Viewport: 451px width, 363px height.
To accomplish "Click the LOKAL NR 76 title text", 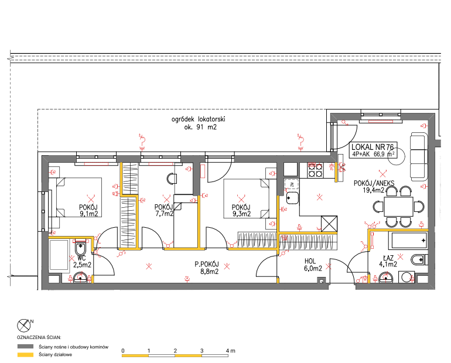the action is [373, 147].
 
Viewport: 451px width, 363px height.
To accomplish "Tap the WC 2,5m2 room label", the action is [82, 262].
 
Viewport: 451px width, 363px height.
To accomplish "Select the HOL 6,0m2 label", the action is [313, 265].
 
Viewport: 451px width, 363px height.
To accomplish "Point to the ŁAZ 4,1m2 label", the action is [388, 261].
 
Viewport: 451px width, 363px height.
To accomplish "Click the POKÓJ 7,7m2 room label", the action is [164, 210].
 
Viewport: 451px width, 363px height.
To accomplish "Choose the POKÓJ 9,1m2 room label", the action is [88, 210].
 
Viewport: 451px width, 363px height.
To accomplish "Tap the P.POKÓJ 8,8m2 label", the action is [207, 268].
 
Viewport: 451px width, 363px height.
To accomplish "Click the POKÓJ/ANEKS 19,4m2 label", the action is [374, 187].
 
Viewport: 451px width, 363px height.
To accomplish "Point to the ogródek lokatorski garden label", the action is [199, 123].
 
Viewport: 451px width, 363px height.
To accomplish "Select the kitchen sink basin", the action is [292, 198].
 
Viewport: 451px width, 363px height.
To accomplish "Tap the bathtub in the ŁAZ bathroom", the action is [408, 240].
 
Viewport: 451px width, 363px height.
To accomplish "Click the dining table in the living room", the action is [398, 206].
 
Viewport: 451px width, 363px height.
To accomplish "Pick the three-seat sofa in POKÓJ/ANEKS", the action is [418, 157].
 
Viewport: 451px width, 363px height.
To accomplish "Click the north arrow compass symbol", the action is [25, 326].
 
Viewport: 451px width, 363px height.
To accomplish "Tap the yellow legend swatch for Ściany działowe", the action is [25, 355].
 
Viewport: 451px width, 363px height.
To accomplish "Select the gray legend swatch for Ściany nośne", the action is [25, 347].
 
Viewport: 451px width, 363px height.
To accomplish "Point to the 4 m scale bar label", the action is [230, 351].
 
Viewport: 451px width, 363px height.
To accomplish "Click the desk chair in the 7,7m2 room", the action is [172, 178].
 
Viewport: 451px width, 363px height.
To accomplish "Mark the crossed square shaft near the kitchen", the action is [329, 224].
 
